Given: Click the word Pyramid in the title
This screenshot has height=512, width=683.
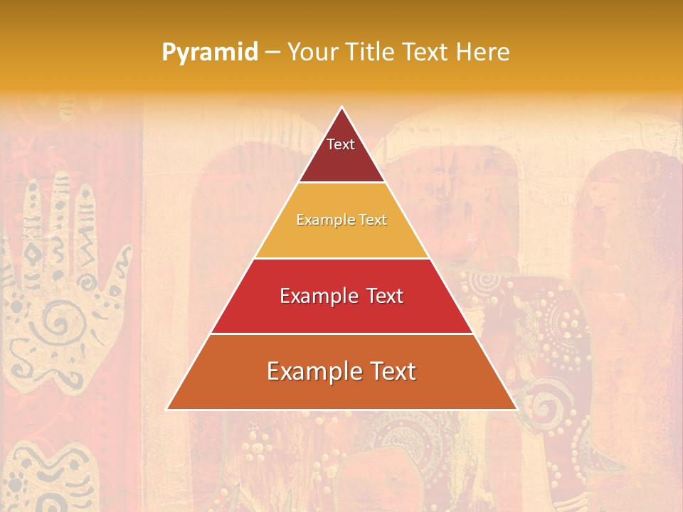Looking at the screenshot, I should (x=210, y=53).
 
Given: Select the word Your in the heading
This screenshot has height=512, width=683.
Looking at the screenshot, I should (x=312, y=52).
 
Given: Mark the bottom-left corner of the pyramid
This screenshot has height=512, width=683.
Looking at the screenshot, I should (x=168, y=409).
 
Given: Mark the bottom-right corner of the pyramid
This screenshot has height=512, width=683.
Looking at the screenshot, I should (x=516, y=409).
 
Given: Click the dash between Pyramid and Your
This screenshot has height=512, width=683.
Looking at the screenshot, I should (x=272, y=53).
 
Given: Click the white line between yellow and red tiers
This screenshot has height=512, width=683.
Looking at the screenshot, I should (x=341, y=258).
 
